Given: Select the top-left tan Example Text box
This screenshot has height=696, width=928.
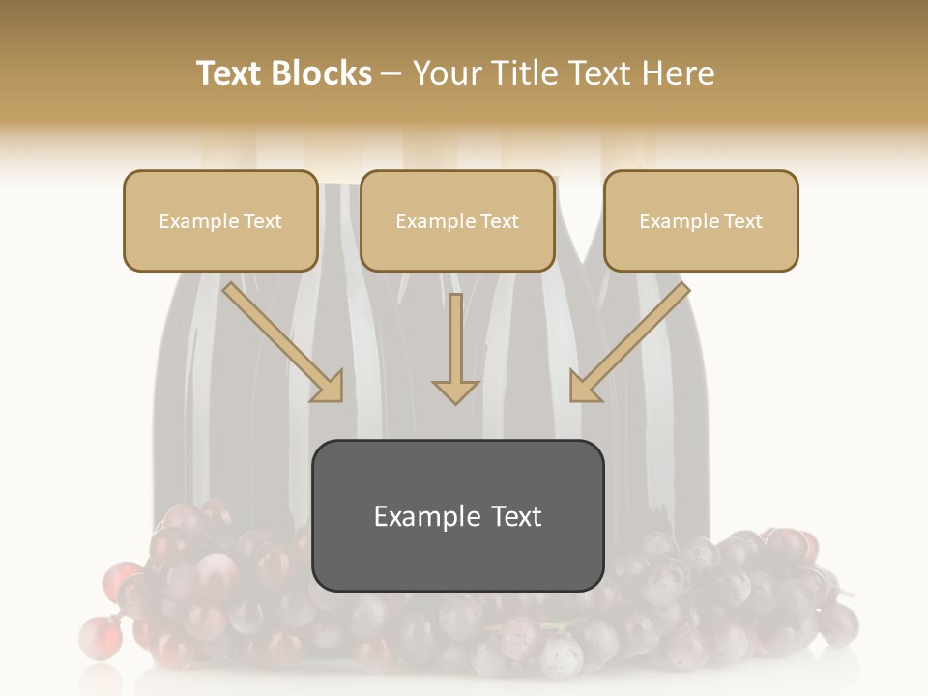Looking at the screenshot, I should tap(220, 220).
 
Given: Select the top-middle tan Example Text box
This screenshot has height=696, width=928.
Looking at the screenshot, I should tap(457, 220).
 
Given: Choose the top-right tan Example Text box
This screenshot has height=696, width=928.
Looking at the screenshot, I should tap(701, 220).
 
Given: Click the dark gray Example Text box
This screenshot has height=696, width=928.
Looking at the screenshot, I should tap(457, 515).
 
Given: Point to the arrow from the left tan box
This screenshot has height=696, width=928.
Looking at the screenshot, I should tap(280, 338).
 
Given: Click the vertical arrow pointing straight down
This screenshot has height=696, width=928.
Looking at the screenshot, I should tap(455, 348).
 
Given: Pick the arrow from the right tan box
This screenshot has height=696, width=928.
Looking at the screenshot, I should tap(632, 338).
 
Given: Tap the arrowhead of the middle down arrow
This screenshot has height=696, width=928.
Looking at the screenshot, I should tap(455, 391).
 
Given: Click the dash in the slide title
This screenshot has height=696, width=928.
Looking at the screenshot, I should tap(391, 74).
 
